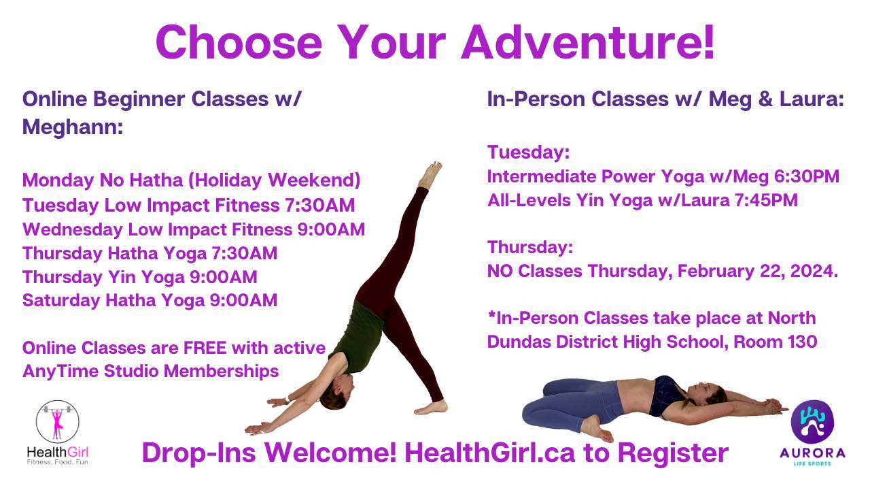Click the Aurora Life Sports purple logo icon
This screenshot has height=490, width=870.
pyautogui.click(x=812, y=422)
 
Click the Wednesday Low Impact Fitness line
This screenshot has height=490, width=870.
pyautogui.click(x=194, y=229)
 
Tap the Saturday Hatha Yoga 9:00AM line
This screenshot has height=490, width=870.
pyautogui.click(x=150, y=300)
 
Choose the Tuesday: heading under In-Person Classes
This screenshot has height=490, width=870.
pyautogui.click(x=528, y=152)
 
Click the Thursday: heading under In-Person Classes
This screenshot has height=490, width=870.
pyautogui.click(x=531, y=247)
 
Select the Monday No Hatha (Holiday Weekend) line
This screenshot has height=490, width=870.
pyautogui.click(x=191, y=180)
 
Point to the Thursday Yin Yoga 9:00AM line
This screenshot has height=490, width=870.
pyautogui.click(x=139, y=277)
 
